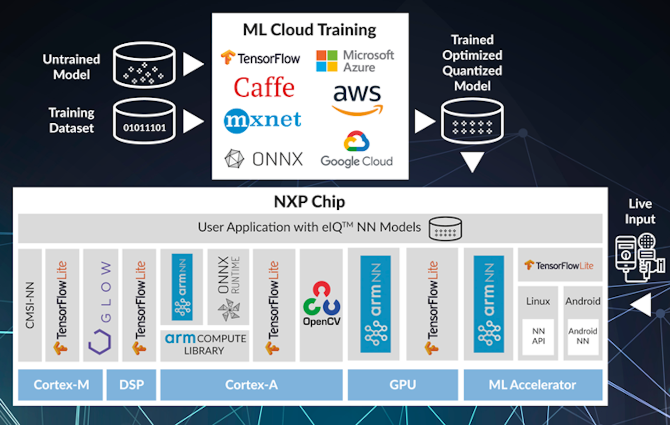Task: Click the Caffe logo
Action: tap(264, 87)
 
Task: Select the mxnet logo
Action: tap(262, 120)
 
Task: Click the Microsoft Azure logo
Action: tap(355, 61)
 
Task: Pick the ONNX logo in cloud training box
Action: tap(264, 159)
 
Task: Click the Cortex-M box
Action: tap(60, 385)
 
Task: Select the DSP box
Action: tap(131, 385)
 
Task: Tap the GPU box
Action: tap(402, 385)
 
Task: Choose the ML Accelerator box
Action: tap(533, 385)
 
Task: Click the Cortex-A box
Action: tap(251, 385)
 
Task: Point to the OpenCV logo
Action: tap(322, 304)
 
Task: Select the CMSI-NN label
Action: tap(30, 305)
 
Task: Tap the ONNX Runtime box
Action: tap(228, 287)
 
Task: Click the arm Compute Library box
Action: tap(205, 345)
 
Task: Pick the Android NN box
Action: tap(583, 336)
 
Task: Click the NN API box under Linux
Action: tap(538, 336)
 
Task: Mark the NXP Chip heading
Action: tap(309, 202)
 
